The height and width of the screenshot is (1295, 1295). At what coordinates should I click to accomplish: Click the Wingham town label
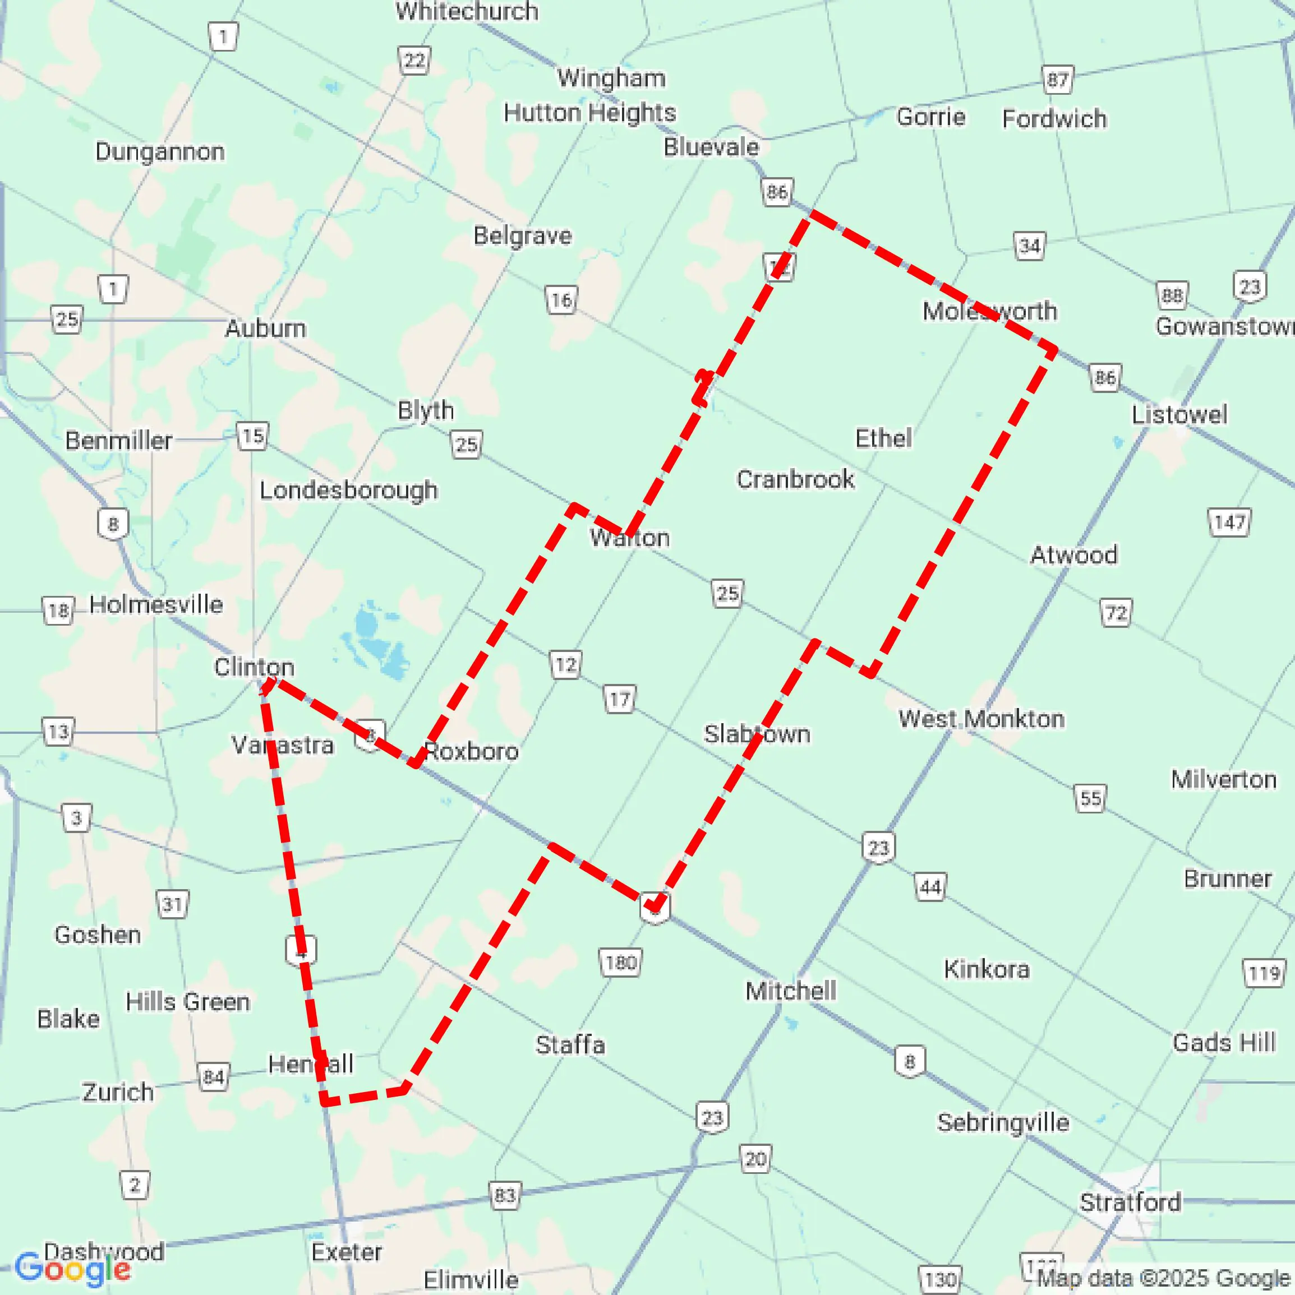pos(611,78)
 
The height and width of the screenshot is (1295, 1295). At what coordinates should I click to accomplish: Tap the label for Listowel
pos(1179,414)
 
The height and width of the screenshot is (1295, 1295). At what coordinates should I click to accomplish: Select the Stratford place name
pos(1130,1202)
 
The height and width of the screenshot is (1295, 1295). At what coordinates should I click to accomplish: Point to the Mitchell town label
pos(791,990)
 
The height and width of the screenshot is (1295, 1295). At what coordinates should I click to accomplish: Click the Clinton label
pos(254,667)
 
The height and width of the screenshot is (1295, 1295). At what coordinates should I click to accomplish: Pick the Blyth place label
pos(426,410)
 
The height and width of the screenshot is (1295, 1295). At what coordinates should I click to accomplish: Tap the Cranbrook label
pos(795,479)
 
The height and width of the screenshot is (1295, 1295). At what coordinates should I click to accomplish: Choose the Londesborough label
pos(349,490)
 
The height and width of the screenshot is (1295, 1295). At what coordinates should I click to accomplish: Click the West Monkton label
pos(981,719)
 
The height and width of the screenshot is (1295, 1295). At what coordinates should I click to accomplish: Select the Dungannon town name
pos(160,151)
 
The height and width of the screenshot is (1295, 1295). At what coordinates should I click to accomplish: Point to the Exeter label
pos(347,1251)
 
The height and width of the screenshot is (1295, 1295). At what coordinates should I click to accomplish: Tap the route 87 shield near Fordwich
pos(1058,80)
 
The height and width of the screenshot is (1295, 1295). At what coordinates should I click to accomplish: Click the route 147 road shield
pos(1229,522)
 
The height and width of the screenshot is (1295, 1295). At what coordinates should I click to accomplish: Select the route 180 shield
pos(620,963)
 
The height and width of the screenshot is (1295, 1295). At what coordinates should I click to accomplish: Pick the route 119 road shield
pos(1264,973)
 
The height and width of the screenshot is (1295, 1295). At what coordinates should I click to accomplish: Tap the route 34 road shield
pos(1029,246)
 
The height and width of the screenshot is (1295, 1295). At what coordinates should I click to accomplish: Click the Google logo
pos(72,1269)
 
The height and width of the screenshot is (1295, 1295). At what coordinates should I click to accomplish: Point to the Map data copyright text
pos(1164,1278)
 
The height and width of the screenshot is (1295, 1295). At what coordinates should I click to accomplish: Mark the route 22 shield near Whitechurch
pos(414,61)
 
